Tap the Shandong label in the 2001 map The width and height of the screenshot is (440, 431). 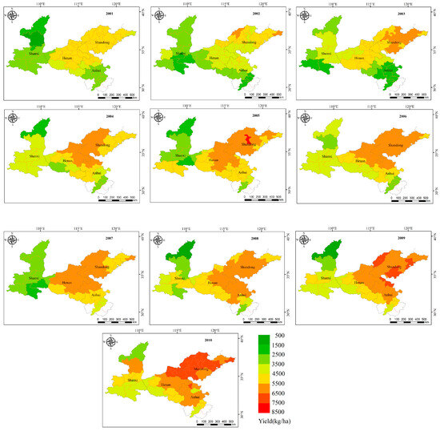(x=105, y=42)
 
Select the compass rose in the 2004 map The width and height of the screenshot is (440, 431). (x=13, y=119)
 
